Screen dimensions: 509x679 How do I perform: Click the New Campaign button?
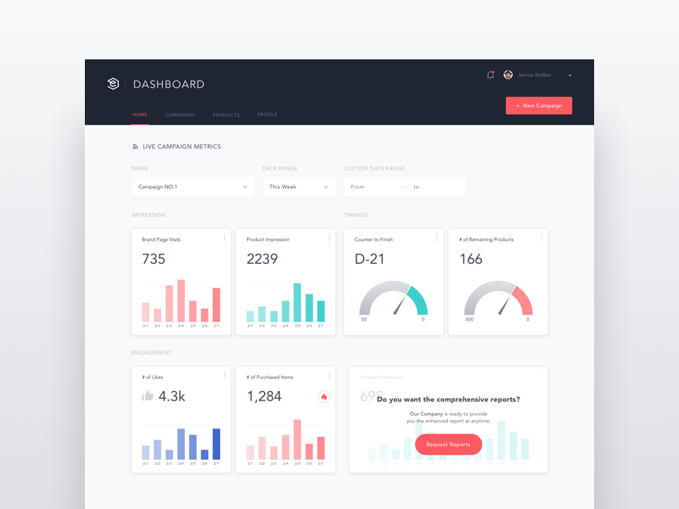pos(539,106)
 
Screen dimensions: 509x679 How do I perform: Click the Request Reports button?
pos(448,445)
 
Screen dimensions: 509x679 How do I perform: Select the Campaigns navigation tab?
pos(180,115)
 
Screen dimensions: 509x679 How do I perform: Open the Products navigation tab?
pos(226,115)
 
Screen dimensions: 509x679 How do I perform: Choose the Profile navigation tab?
pos(267,115)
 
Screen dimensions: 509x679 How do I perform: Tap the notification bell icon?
pos(490,75)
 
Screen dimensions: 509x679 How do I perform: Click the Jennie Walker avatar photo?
pos(508,75)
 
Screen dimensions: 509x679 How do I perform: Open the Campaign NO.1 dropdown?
pos(193,187)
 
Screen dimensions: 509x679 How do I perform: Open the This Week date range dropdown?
pos(299,187)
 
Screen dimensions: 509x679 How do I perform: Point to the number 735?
pos(154,260)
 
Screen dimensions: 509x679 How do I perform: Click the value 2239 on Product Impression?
pos(262,260)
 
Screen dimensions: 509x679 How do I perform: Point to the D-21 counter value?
pos(370,260)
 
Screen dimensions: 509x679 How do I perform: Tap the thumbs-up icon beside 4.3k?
pos(148,395)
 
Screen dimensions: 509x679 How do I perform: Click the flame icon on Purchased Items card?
pos(323,396)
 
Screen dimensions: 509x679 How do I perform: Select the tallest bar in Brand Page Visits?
pos(181,300)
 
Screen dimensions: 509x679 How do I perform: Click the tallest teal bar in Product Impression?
pos(297,302)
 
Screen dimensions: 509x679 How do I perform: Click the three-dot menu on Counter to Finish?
pos(437,238)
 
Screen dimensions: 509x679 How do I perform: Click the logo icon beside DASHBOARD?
pos(113,84)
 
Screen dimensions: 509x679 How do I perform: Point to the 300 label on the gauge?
pos(469,320)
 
